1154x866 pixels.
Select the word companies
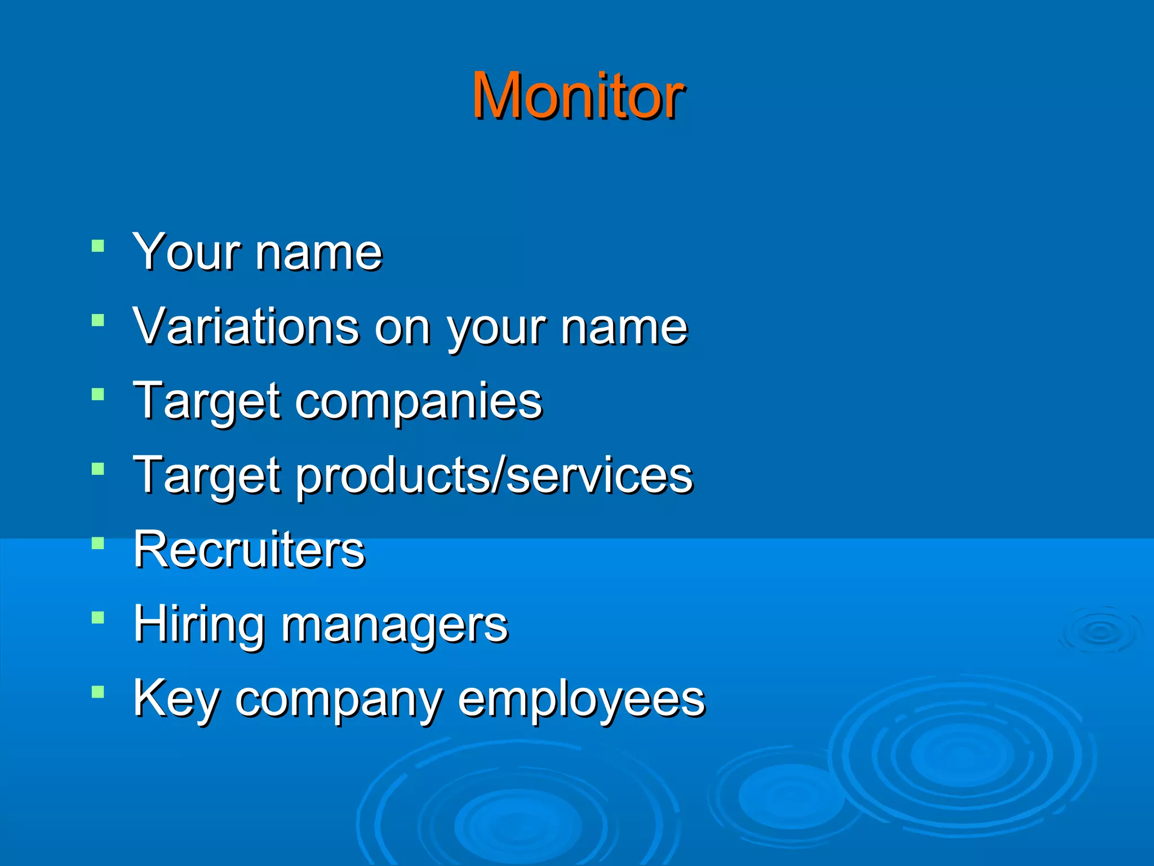click(x=418, y=401)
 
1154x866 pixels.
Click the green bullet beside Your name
click(x=98, y=246)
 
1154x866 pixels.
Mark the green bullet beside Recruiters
click(x=98, y=544)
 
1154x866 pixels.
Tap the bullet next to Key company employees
click(x=98, y=692)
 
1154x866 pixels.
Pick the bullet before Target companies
click(x=98, y=395)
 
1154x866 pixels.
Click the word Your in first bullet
click(x=186, y=252)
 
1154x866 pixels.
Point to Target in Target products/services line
click(x=206, y=475)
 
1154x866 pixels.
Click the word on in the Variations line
click(x=402, y=328)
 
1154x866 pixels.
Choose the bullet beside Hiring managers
click(x=98, y=618)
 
